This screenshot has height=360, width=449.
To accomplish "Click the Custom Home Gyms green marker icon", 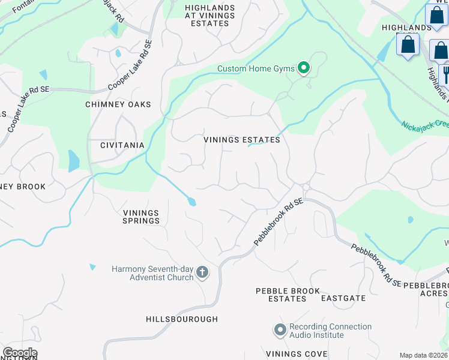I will click(x=304, y=68).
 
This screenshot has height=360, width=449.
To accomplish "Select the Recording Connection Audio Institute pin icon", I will click(x=280, y=330).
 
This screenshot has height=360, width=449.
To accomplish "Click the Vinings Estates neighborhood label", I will click(x=242, y=140).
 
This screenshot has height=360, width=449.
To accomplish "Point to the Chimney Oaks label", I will click(x=118, y=104).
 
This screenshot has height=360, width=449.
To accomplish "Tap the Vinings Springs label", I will click(x=142, y=217).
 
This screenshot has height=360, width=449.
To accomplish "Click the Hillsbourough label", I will click(x=182, y=319).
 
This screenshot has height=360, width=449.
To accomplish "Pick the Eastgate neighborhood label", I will click(x=343, y=298).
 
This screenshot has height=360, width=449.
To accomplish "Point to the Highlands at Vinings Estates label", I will click(x=201, y=15).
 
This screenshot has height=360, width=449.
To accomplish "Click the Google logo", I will click(x=19, y=353).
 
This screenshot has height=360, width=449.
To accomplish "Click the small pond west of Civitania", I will click(x=73, y=161).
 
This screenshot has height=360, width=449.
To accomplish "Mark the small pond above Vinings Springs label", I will click(x=191, y=202).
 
